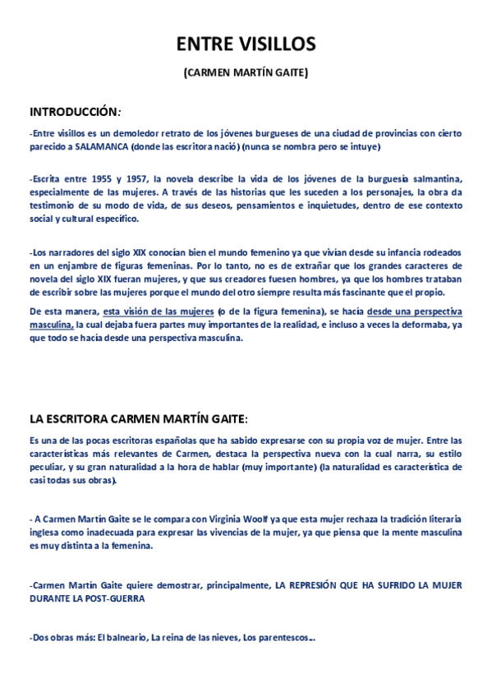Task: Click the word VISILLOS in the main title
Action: (x=276, y=44)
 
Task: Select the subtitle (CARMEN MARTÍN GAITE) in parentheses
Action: (x=246, y=73)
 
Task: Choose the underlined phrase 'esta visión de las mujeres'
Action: (x=159, y=312)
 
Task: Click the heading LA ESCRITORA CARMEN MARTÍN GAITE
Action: (x=136, y=418)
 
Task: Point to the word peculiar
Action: (x=48, y=467)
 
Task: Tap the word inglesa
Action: (x=45, y=532)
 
